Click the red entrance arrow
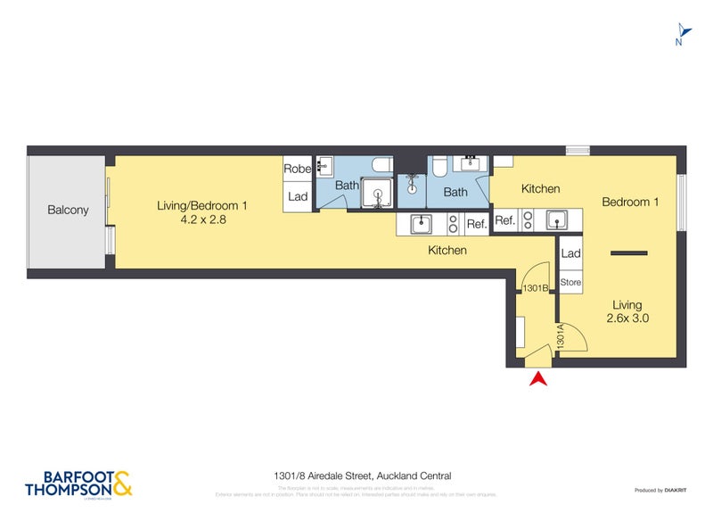pos(537,380)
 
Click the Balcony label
pos(68,211)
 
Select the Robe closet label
pos(297,169)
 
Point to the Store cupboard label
pos(570,283)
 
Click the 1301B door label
pos(535,288)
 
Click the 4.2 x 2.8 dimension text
pos(201,219)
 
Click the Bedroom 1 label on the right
pos(630,203)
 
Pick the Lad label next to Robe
pos(297,196)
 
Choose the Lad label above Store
pos(570,254)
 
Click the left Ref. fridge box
pos(477,224)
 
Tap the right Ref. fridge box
pos(504,220)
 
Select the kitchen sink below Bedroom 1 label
pos(559,219)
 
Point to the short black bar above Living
pos(627,254)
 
